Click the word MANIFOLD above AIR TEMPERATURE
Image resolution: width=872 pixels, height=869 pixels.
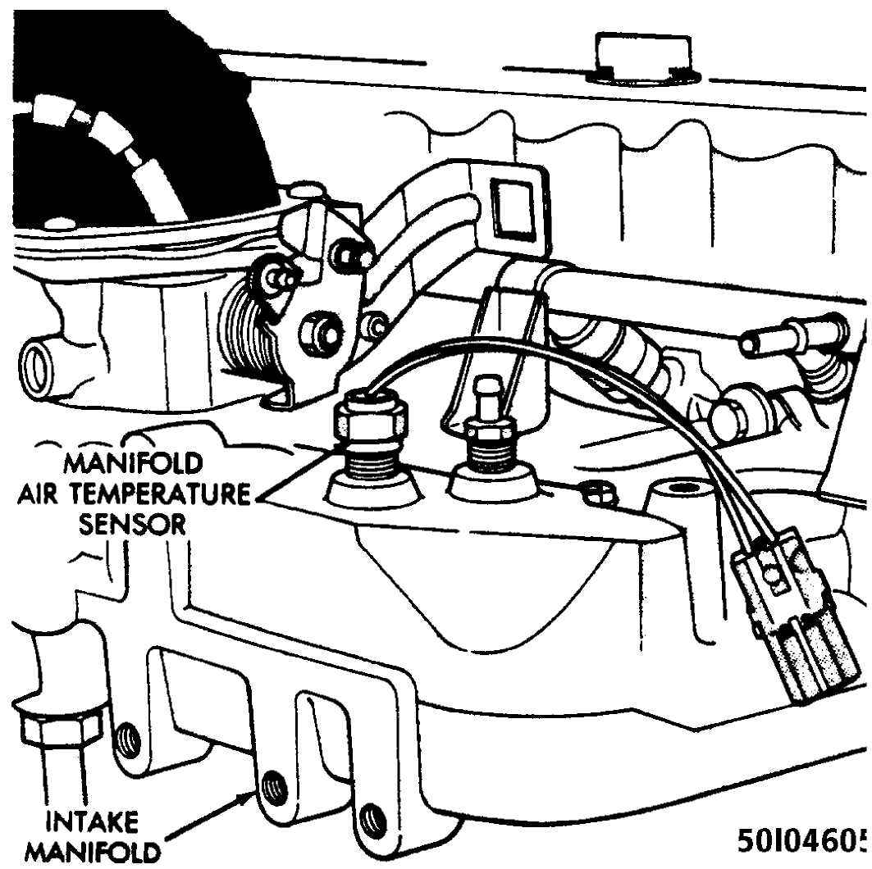click(x=132, y=463)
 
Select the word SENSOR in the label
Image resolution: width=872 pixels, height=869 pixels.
click(x=132, y=523)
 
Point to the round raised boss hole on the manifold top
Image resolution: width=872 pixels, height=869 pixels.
click(x=679, y=489)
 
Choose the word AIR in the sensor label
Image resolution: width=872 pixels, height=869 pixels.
click(x=43, y=494)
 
